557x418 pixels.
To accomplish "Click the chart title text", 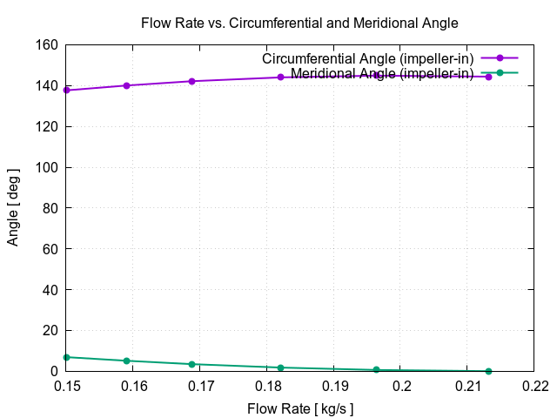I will [x=299, y=23].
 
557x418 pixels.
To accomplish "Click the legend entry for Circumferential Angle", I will [x=368, y=58].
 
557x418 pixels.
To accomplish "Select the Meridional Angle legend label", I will [x=382, y=73].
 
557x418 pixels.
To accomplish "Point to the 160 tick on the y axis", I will [x=47, y=45].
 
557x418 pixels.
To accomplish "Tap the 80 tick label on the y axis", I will [x=50, y=208].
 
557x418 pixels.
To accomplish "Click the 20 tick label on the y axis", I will [x=50, y=331].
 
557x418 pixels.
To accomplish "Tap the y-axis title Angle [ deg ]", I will [x=13, y=208].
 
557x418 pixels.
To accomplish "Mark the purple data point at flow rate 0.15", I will [x=66, y=91].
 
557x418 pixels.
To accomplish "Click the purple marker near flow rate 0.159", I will [x=127, y=85].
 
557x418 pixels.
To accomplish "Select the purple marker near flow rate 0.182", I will [x=280, y=78].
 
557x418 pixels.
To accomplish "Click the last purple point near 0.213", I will [x=488, y=77].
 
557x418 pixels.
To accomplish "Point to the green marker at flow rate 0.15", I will [x=66, y=357].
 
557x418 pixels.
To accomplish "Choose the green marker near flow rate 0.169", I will [x=191, y=364].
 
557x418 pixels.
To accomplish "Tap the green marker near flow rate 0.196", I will [x=376, y=370].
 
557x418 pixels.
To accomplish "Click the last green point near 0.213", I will [x=488, y=371].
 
